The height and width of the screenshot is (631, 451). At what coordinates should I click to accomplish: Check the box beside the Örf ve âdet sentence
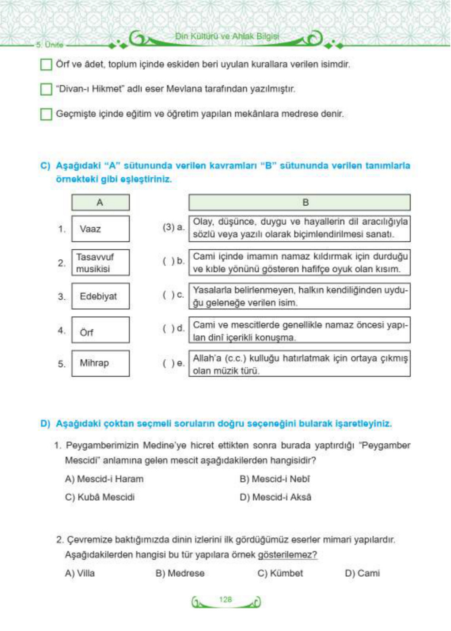pyautogui.click(x=46, y=65)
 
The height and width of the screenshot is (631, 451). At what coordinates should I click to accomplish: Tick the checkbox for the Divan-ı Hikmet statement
pyautogui.click(x=46, y=89)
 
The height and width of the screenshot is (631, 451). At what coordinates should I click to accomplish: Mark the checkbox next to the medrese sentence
pyautogui.click(x=46, y=114)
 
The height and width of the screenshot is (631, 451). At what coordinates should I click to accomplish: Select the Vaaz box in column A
pyautogui.click(x=100, y=229)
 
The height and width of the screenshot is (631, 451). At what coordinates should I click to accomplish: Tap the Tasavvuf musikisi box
pyautogui.click(x=100, y=263)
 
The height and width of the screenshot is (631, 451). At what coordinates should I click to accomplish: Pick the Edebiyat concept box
pyautogui.click(x=100, y=296)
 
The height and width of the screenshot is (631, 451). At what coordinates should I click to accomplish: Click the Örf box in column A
pyautogui.click(x=100, y=330)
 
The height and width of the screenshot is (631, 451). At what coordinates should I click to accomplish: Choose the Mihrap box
pyautogui.click(x=100, y=363)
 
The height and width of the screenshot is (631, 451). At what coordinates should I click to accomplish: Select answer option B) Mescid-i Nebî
pyautogui.click(x=275, y=479)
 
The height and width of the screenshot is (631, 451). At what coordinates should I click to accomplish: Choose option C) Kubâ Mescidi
pyautogui.click(x=100, y=497)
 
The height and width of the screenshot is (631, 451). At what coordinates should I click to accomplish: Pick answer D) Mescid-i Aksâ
pyautogui.click(x=275, y=497)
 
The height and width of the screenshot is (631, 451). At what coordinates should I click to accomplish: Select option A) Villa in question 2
pyautogui.click(x=80, y=573)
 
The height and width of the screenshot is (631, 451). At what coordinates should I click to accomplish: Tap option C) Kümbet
pyautogui.click(x=280, y=573)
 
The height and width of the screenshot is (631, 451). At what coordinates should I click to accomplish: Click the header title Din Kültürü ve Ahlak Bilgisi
pyautogui.click(x=227, y=36)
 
